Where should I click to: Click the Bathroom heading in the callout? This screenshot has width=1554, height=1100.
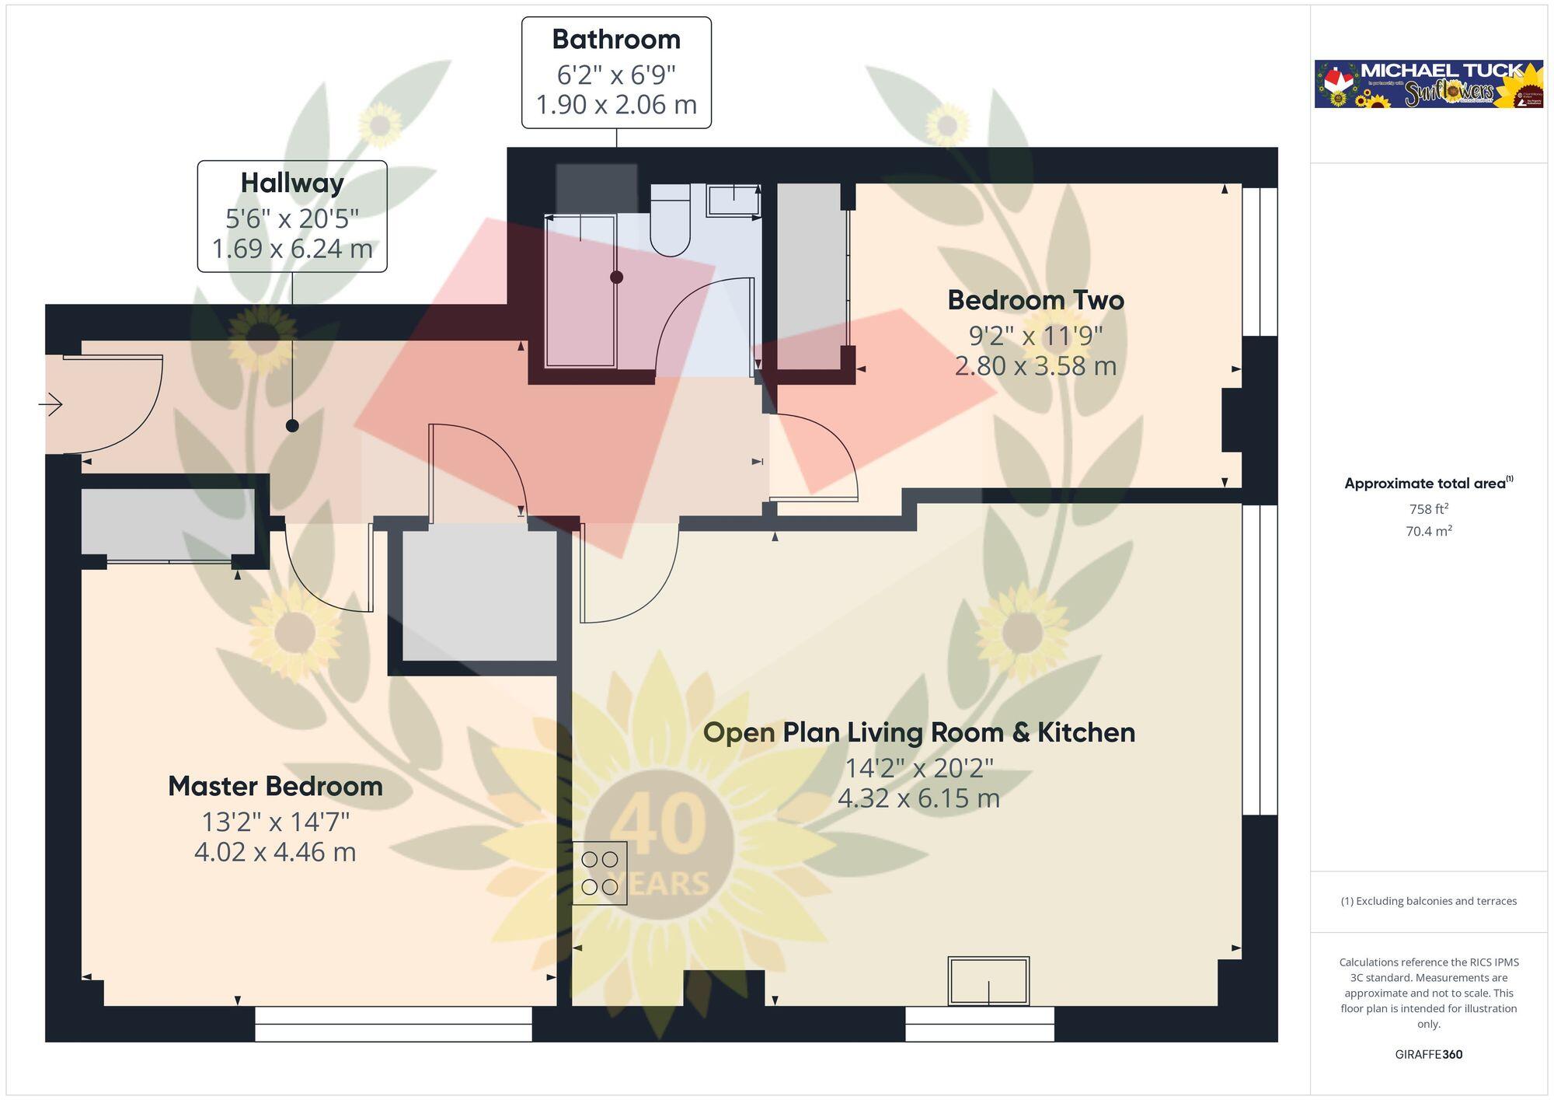616,40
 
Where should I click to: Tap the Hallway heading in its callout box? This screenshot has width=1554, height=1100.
292,183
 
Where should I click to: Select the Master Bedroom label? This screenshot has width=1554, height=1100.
275,786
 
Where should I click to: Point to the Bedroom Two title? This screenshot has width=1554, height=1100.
1036,300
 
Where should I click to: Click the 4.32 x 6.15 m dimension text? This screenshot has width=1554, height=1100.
918,798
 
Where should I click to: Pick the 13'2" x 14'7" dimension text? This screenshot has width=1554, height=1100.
275,822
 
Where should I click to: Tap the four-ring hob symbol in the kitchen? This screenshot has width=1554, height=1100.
599,873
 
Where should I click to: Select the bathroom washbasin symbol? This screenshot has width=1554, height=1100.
733,200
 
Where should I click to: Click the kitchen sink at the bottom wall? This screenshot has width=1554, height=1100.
988,981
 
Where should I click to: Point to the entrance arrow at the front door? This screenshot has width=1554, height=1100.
51,404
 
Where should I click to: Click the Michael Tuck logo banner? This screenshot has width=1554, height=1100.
1428,84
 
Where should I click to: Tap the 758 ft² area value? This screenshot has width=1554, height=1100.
1428,509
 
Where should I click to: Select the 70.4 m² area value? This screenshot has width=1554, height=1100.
1428,532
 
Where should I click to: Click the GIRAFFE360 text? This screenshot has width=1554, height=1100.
1428,1055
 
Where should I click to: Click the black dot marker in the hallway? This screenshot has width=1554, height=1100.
292,425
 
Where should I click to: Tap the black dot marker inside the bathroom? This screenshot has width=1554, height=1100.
616,277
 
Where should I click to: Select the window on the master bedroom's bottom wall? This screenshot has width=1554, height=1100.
393,1024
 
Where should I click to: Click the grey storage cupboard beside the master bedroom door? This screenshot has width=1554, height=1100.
479,595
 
